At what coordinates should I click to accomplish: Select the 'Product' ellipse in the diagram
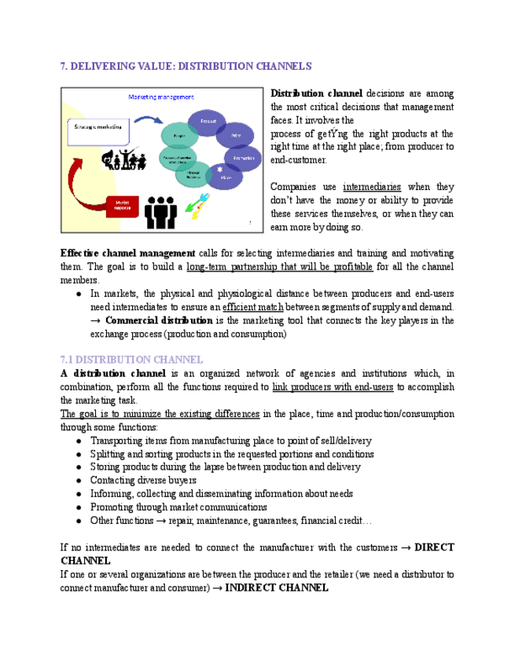click(x=208, y=121)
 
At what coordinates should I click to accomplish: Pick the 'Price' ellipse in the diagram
click(x=235, y=136)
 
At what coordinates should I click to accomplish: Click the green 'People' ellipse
click(x=178, y=135)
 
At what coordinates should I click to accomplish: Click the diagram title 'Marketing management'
click(x=161, y=97)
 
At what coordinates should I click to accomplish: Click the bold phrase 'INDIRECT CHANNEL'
click(x=276, y=587)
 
